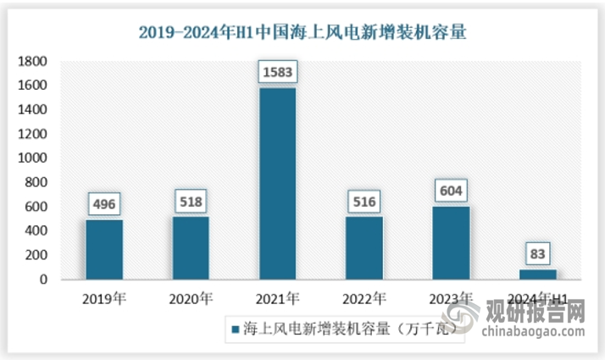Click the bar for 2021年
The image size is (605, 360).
click(277, 184)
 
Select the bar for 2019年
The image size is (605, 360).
click(104, 249)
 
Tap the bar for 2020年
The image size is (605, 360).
click(191, 247)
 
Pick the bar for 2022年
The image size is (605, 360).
click(364, 247)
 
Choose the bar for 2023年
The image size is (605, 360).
click(451, 242)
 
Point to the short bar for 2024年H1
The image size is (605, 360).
click(538, 274)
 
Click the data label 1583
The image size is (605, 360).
click(277, 73)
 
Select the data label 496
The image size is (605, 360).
click(104, 204)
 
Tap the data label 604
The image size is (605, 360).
click(451, 191)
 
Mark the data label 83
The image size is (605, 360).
click(538, 254)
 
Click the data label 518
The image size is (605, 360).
click(191, 202)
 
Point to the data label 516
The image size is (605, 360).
click(364, 202)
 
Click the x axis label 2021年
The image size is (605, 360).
click(277, 298)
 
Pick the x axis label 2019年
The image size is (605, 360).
click(104, 298)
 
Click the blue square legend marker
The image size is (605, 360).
click(234, 328)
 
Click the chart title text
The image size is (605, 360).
click(302, 34)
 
